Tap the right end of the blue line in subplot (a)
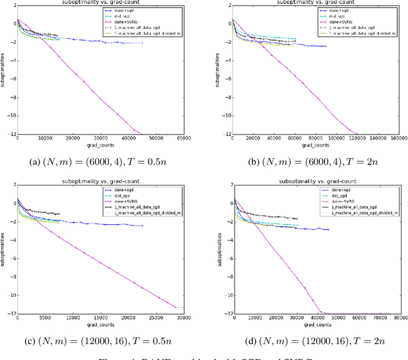[142, 43]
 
